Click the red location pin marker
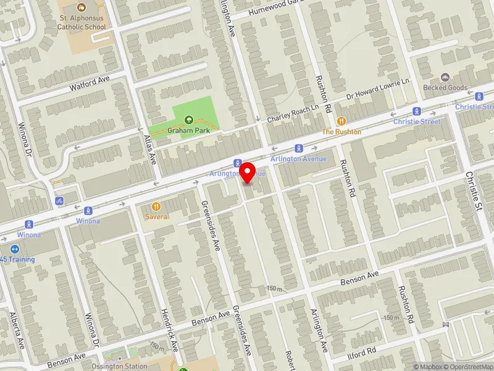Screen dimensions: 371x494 [x=248, y=172]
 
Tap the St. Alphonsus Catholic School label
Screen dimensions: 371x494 [x=82, y=23]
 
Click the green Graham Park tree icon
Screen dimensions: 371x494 [x=190, y=119]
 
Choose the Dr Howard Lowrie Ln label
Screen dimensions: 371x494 [x=379, y=90]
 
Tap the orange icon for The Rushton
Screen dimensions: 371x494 [x=341, y=121]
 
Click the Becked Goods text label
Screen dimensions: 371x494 [x=445, y=88]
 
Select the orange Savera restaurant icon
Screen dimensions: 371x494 [x=156, y=206]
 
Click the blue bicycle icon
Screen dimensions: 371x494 [x=59, y=201]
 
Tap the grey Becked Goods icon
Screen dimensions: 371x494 [x=445, y=77]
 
